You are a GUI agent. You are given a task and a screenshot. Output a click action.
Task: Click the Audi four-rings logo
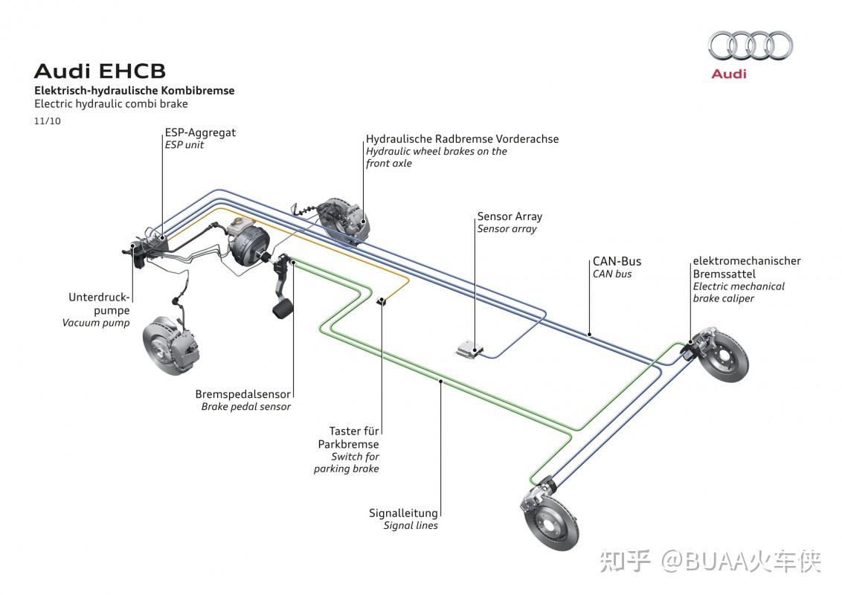(751, 46)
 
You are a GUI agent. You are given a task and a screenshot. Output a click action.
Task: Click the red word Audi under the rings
(729, 74)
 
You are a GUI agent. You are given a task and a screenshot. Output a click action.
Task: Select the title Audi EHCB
(100, 71)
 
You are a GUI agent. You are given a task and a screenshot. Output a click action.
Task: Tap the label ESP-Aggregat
(200, 132)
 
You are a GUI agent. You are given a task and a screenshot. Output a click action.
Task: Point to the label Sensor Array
(510, 216)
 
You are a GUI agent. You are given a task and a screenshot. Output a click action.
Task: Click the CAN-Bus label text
(617, 261)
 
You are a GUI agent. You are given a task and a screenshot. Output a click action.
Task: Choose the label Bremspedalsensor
(243, 394)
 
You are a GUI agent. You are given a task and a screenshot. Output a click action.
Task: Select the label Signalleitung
(403, 512)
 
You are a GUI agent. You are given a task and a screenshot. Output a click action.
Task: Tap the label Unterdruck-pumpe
(99, 303)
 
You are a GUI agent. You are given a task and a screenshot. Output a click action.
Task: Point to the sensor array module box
(469, 347)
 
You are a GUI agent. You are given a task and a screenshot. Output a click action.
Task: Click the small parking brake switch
(382, 300)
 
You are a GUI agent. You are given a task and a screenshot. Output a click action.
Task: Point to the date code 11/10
(48, 120)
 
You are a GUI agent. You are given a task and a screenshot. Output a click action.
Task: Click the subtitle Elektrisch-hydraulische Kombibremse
(134, 91)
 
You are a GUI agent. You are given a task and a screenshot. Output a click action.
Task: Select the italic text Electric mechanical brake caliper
(738, 292)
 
